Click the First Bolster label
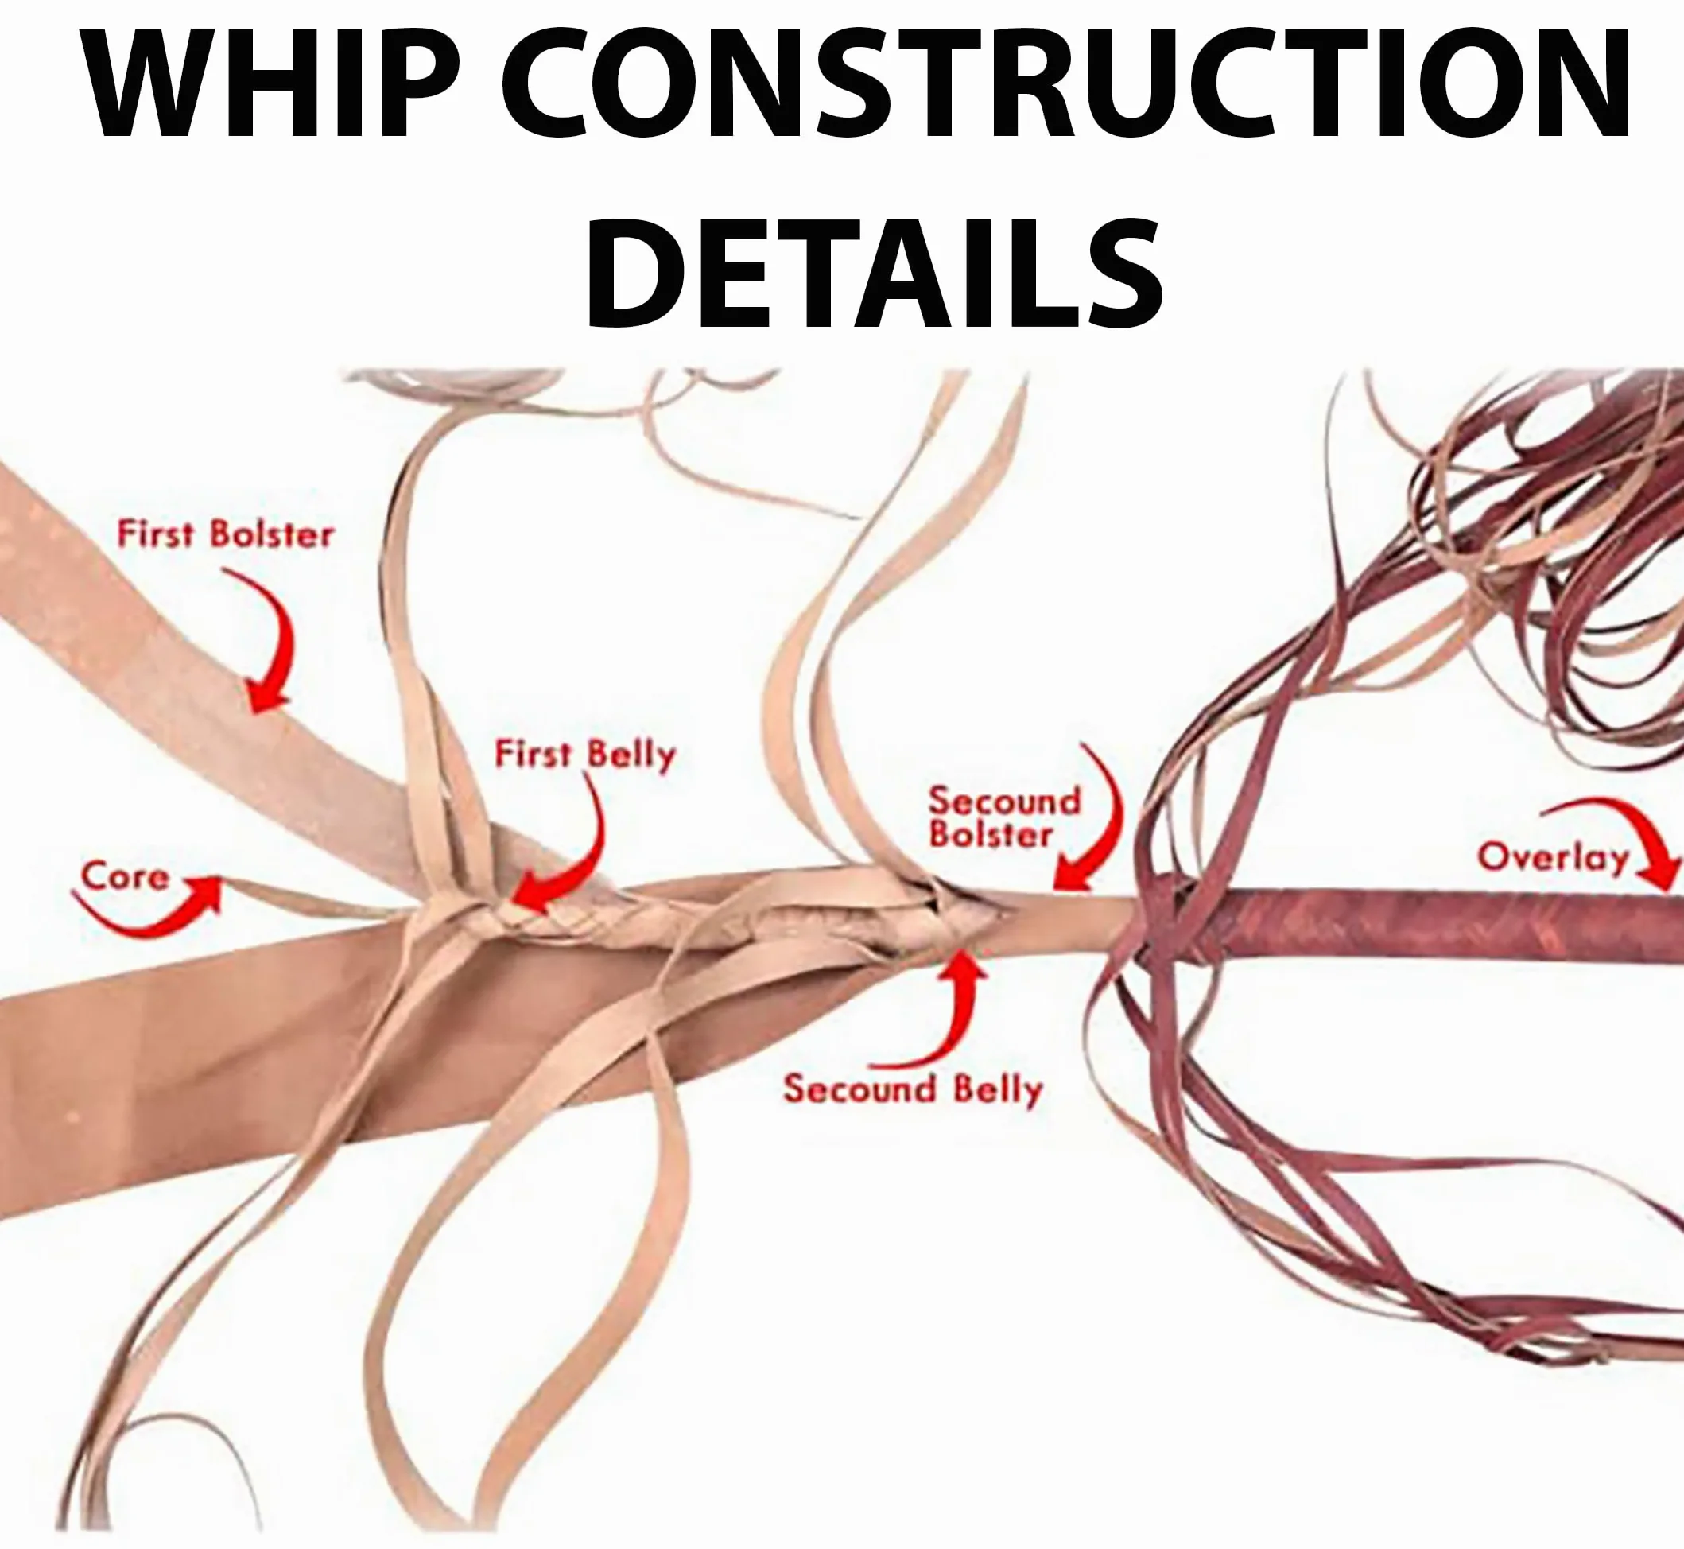pos(225,534)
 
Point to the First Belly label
pos(585,755)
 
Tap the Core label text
pos(125,877)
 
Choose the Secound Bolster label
pos(1003,817)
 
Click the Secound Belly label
pos(913,1089)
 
